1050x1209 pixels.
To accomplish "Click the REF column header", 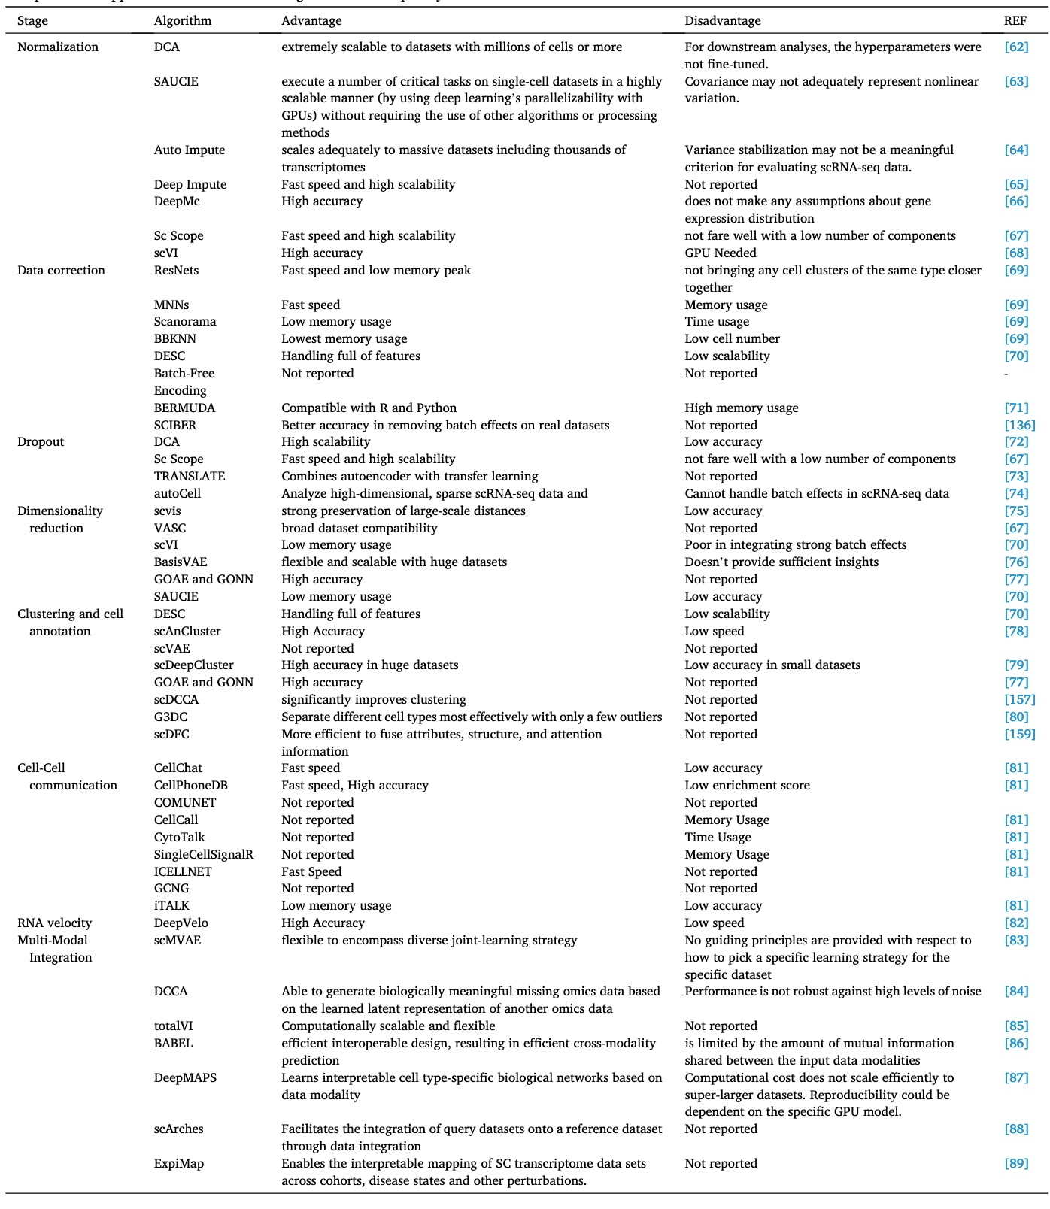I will [1015, 21].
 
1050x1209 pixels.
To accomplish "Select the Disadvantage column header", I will [722, 21].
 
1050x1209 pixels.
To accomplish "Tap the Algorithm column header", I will [182, 21].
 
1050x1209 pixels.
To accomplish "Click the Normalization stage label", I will [58, 47].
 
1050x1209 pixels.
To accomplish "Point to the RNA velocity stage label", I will [54, 923].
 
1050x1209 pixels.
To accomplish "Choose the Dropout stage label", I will [41, 442].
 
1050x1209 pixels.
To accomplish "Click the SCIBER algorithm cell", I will [174, 426].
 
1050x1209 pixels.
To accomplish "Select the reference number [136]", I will [1019, 426].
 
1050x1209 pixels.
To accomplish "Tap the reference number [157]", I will [1019, 700].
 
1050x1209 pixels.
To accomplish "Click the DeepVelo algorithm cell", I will [181, 923].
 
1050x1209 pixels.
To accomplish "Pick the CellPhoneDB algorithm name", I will [190, 786].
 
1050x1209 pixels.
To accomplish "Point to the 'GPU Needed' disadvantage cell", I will [720, 253].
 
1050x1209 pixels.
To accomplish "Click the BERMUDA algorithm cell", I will [184, 408].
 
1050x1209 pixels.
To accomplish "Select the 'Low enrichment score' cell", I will [747, 786].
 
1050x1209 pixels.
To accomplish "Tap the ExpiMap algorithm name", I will [178, 1164].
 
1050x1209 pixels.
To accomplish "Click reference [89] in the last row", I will [1016, 1164].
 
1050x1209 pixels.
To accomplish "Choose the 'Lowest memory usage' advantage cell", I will [344, 339].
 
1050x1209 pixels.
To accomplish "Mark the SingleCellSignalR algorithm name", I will [203, 855].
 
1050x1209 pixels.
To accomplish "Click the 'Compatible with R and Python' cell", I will [369, 408].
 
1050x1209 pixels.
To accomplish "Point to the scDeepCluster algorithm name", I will [193, 665].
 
